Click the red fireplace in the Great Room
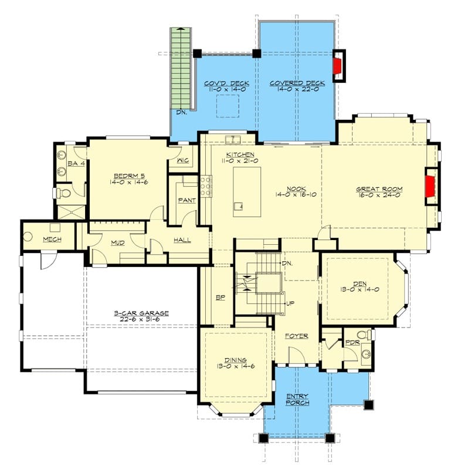pyautogui.click(x=430, y=186)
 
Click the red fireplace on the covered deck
pyautogui.click(x=337, y=66)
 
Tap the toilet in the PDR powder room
pyautogui.click(x=365, y=335)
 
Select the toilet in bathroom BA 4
pyautogui.click(x=63, y=193)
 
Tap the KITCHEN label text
pyautogui.click(x=240, y=154)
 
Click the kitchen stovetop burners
pyautogui.click(x=206, y=186)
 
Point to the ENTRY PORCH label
pyautogui.click(x=297, y=400)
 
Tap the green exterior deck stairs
pyautogui.click(x=181, y=68)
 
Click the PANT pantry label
pyautogui.click(x=187, y=200)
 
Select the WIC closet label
pyautogui.click(x=182, y=160)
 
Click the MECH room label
pyautogui.click(x=52, y=239)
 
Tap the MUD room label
pyautogui.click(x=117, y=242)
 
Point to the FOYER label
pyautogui.click(x=296, y=336)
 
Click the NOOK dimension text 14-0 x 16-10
pyautogui.click(x=296, y=195)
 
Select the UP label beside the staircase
pyautogui.click(x=290, y=303)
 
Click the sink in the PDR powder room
pyautogui.click(x=366, y=354)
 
